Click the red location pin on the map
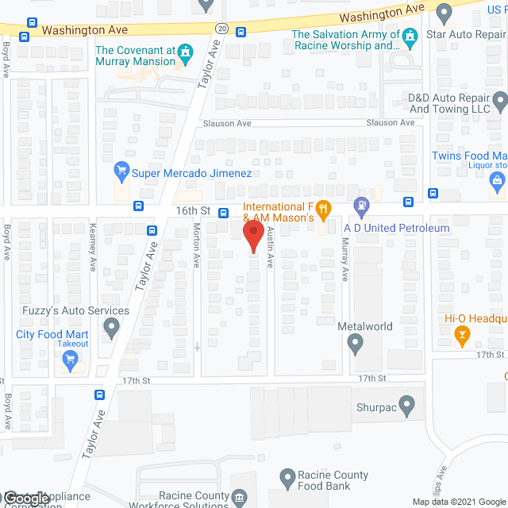[252, 236]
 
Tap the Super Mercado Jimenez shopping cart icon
[121, 171]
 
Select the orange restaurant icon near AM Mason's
[323, 210]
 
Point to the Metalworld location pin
[355, 344]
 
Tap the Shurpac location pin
[407, 406]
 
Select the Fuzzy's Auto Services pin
[111, 326]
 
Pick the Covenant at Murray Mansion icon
[186, 54]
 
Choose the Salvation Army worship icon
[410, 37]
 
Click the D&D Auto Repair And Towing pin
[500, 101]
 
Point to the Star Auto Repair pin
[444, 13]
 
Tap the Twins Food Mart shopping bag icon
[498, 182]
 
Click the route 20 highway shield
[221, 29]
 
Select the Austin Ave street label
[270, 247]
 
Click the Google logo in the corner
[26, 498]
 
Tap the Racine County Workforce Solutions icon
[239, 498]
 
